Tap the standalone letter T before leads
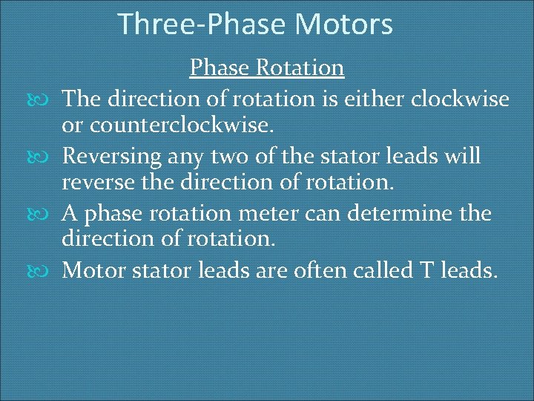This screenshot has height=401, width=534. coord(433,270)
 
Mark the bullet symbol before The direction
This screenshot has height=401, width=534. coord(50,99)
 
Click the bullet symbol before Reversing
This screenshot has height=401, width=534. coord(50,157)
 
